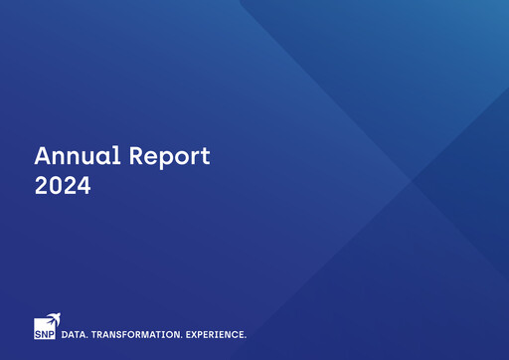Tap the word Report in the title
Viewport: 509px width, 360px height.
[x=171, y=157]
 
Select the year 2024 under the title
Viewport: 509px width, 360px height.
[x=63, y=185]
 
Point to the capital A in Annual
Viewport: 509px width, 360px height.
[x=43, y=156]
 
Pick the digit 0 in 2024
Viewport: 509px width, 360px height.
[x=56, y=185]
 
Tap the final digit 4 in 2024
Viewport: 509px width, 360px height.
[x=84, y=185]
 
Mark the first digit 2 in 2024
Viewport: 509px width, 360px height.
[x=42, y=185]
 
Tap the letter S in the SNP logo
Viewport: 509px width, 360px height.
[x=38, y=334]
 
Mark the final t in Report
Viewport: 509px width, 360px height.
[x=206, y=157]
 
